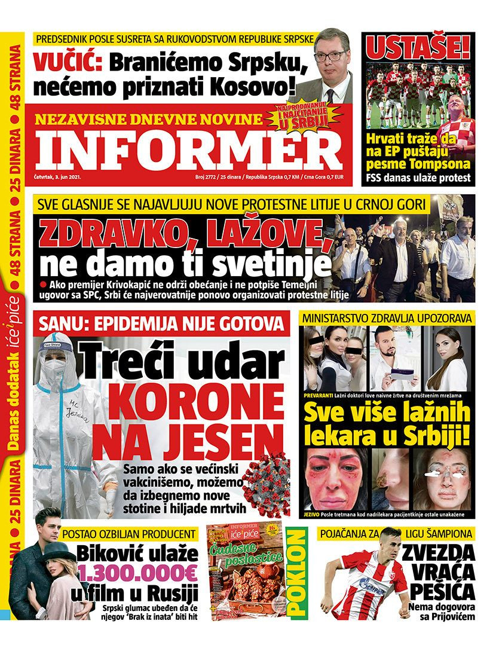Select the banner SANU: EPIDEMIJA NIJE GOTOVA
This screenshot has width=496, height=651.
[161, 324]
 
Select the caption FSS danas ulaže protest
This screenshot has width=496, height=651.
[418, 178]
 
